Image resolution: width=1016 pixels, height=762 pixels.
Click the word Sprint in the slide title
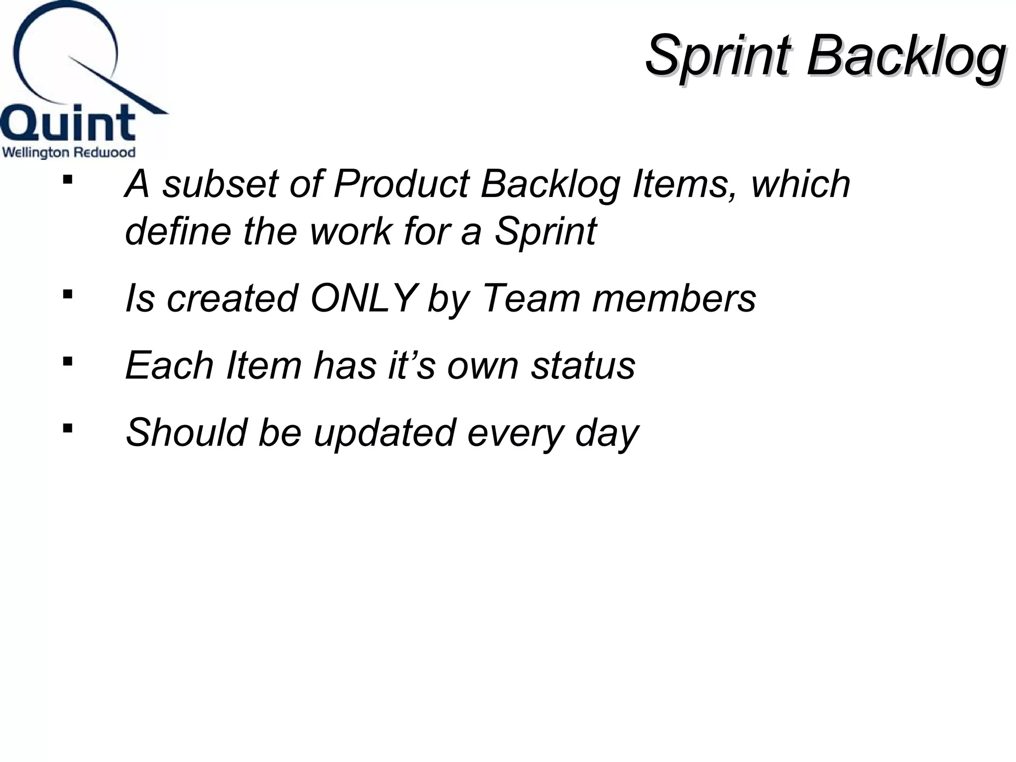(x=717, y=56)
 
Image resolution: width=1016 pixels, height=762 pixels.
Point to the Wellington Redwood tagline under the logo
(x=68, y=152)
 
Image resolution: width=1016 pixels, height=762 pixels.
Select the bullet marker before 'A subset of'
(x=67, y=179)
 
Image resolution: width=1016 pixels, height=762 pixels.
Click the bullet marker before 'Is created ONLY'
(x=67, y=295)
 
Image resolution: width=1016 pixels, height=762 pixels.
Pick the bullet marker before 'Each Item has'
(x=67, y=361)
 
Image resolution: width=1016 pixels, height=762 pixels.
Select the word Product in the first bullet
(x=401, y=184)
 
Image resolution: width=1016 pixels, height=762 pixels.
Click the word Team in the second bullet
(x=531, y=299)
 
